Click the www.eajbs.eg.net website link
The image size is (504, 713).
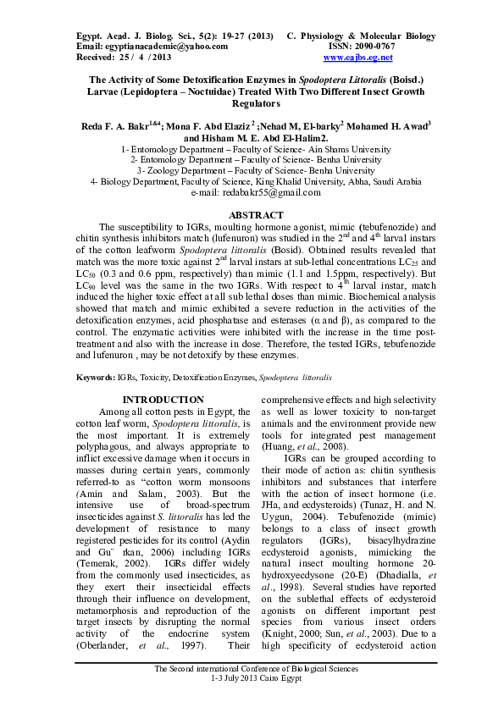tap(358, 58)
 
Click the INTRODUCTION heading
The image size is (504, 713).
tap(163, 400)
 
